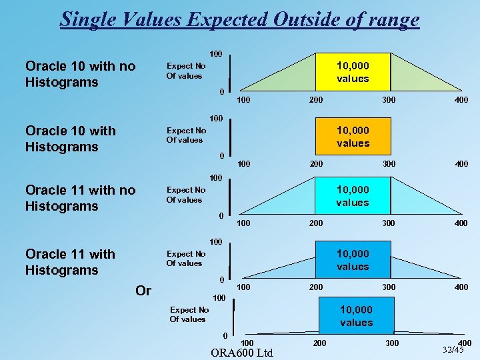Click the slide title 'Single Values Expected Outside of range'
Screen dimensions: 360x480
coord(240,19)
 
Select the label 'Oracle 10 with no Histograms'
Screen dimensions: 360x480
coord(80,74)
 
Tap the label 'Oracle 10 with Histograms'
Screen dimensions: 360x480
coord(70,139)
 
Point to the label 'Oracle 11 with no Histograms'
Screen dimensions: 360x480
coord(80,198)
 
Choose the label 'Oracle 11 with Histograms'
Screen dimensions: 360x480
coord(70,262)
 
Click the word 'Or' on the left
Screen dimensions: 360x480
coord(143,291)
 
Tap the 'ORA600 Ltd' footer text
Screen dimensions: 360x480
coord(241,353)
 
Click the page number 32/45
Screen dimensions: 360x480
coord(453,349)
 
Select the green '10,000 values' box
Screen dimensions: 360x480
coord(353,73)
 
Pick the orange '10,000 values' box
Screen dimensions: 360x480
coord(353,137)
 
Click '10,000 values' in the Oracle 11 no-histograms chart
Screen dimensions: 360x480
coord(353,197)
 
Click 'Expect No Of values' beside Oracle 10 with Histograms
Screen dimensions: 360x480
coord(186,135)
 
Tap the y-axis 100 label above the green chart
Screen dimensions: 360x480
coord(216,53)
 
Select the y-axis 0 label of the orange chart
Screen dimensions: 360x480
coord(223,156)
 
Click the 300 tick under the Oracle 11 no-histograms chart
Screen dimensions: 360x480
coord(389,223)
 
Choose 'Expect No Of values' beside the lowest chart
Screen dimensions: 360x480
coord(189,315)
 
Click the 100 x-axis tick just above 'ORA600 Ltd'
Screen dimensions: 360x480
coord(247,343)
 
